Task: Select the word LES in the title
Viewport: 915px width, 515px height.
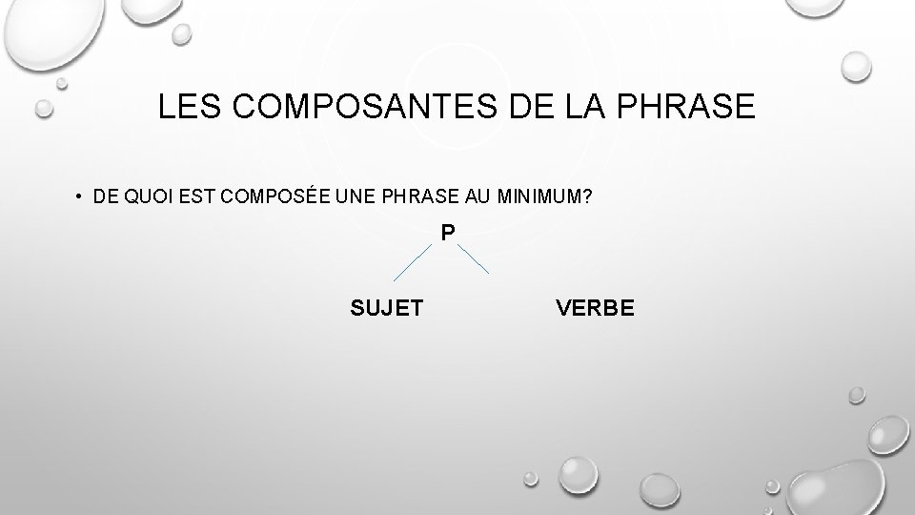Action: [185, 107]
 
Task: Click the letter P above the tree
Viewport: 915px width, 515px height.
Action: [448, 232]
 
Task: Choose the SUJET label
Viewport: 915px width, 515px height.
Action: [388, 307]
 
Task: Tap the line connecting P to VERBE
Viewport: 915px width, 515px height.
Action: [474, 258]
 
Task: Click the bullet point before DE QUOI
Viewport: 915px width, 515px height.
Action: [73, 197]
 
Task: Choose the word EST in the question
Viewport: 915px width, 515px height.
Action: [187, 197]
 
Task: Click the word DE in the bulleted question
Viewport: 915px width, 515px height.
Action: [103, 197]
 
